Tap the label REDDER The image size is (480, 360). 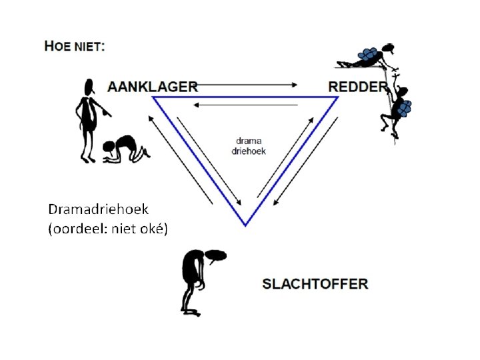point(357,86)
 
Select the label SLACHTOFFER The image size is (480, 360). point(315,283)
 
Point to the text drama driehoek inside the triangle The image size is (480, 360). point(249,146)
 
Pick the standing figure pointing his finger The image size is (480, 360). point(87,107)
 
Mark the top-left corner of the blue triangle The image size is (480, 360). point(154,97)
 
